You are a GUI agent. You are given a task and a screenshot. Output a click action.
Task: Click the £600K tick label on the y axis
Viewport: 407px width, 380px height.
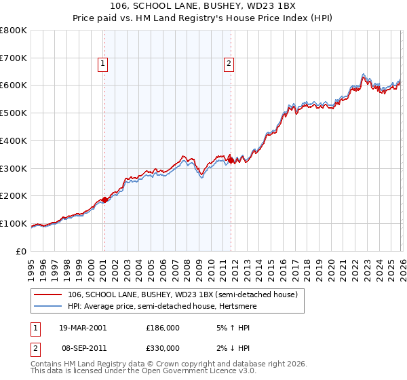pos(14,85)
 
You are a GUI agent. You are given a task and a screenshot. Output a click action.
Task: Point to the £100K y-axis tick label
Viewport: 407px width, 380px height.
pos(14,223)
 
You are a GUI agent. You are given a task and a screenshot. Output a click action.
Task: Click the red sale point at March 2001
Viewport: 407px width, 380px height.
pos(104,199)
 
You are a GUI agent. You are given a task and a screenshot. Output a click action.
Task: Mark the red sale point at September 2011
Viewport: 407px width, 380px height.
pos(231,160)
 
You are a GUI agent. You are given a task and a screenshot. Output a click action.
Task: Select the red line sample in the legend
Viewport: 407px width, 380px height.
pos(48,294)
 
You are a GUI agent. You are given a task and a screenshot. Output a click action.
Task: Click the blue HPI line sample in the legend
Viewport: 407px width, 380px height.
pos(48,306)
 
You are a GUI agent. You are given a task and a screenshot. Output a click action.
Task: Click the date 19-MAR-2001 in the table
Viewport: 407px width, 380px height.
pos(83,328)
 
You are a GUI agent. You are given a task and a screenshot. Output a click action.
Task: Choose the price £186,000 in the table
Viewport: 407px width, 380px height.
pos(163,328)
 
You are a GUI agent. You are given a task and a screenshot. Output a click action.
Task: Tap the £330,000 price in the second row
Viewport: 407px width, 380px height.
pos(163,347)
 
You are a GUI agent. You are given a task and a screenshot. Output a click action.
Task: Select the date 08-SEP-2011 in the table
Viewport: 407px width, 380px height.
pos(83,347)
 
